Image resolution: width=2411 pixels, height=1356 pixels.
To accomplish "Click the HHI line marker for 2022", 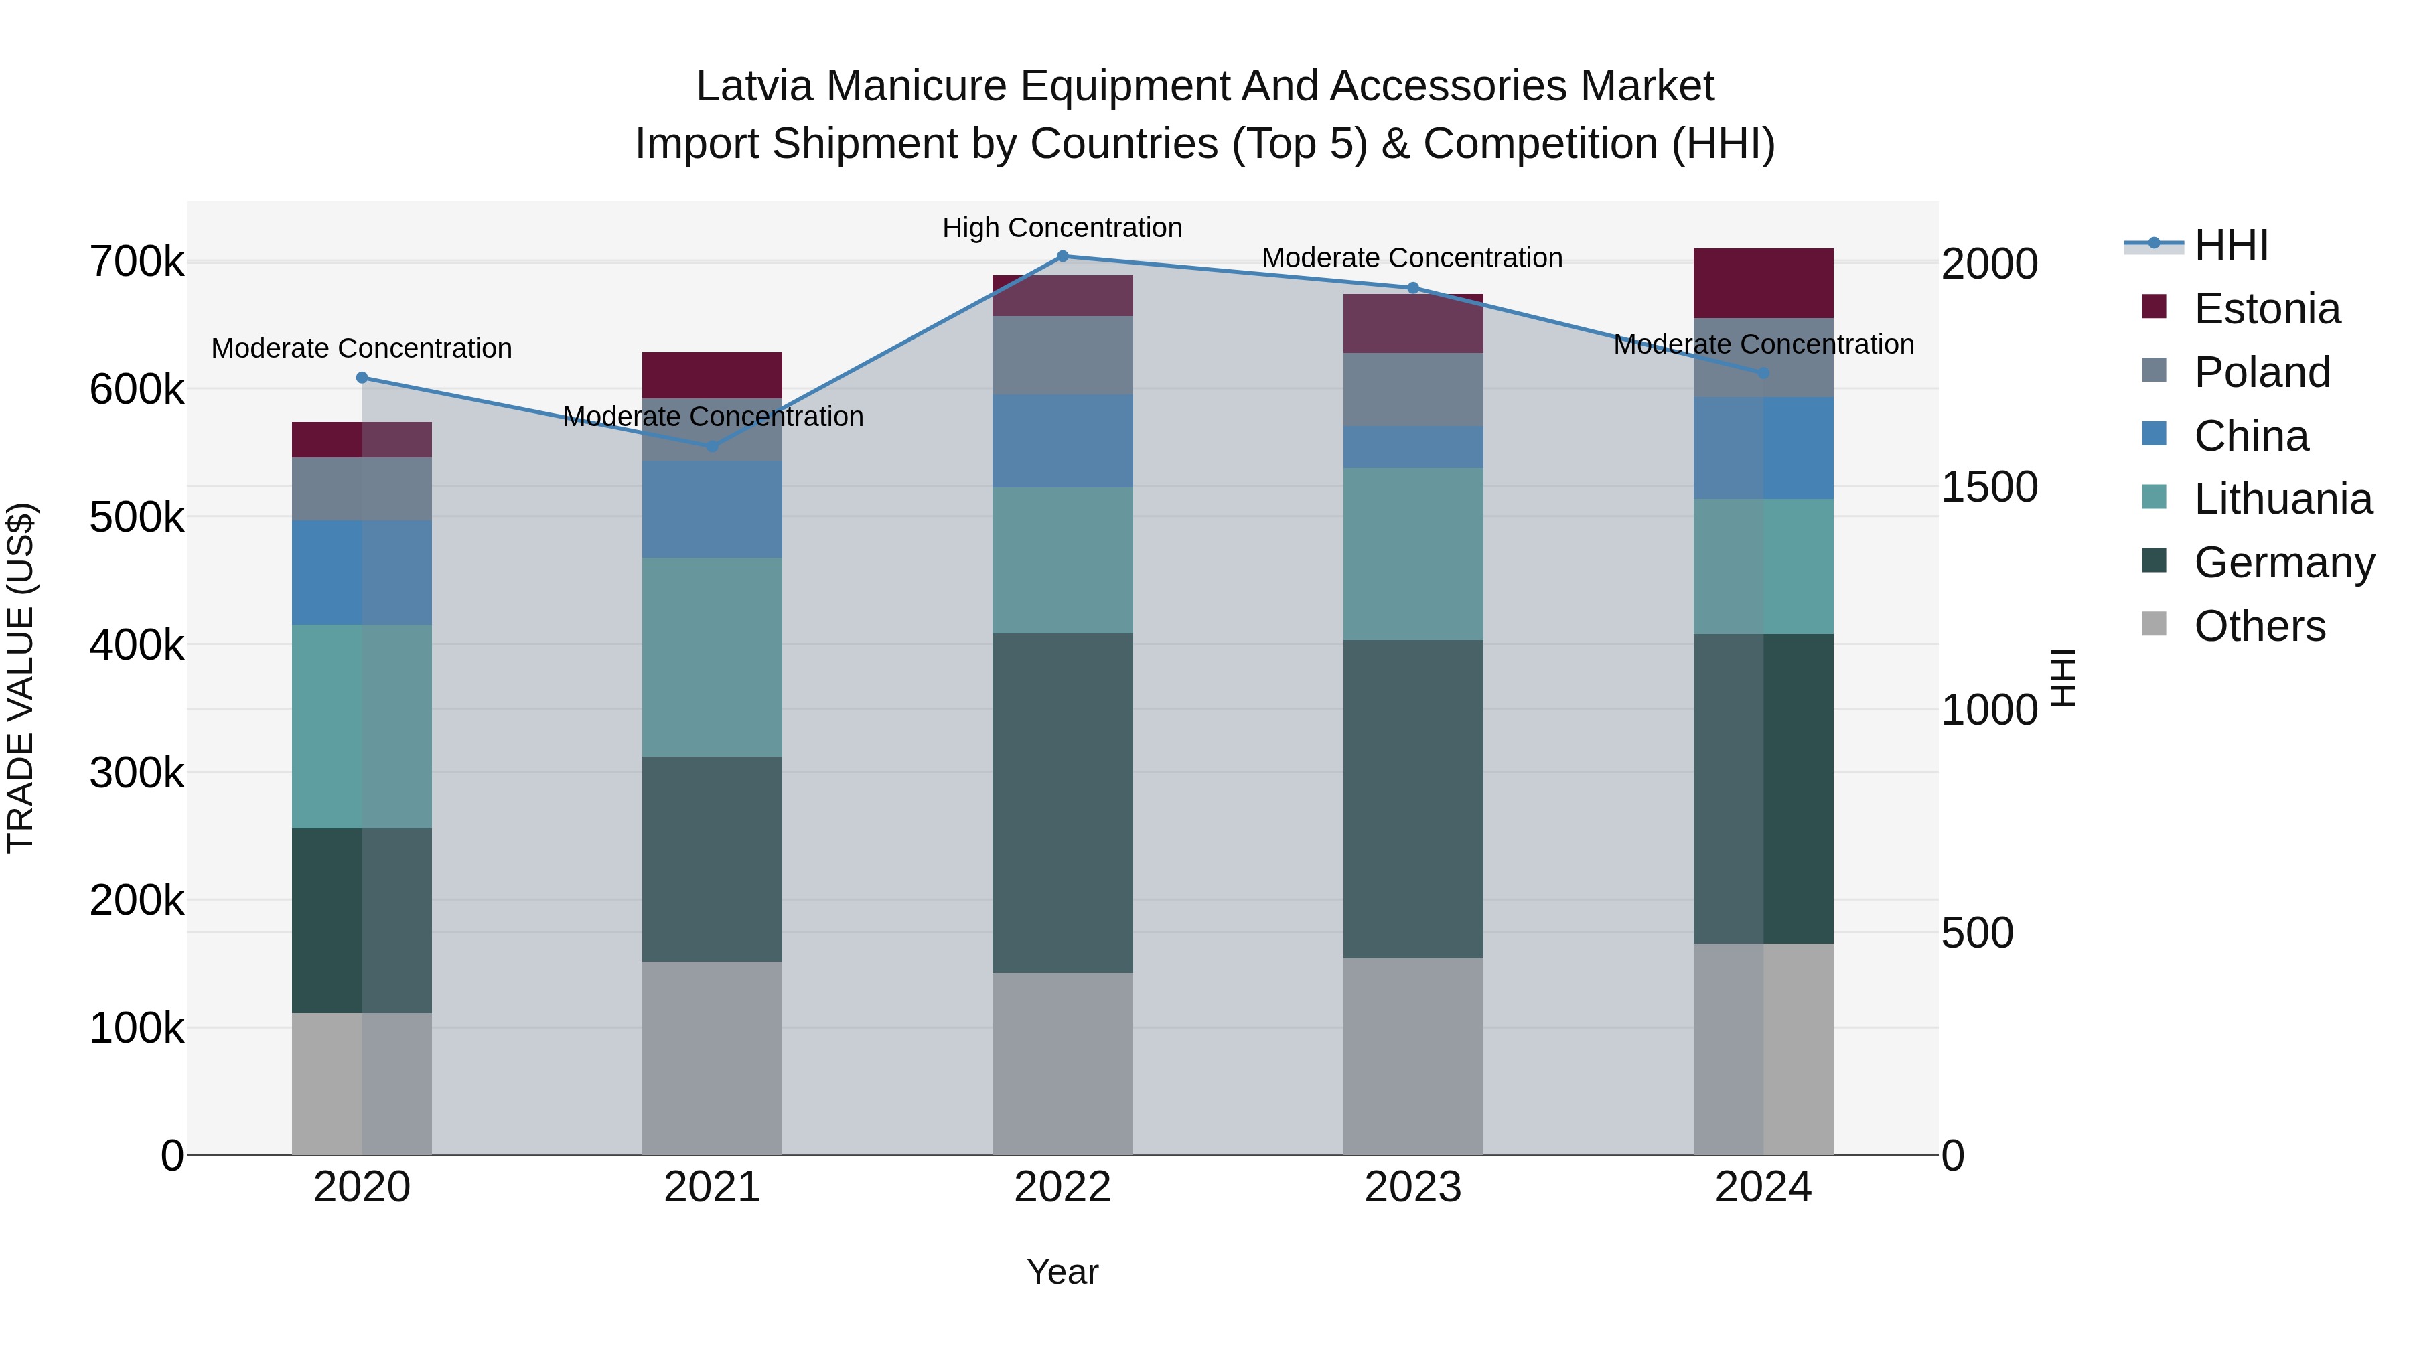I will (x=1062, y=256).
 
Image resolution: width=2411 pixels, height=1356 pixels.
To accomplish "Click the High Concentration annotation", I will (x=1062, y=228).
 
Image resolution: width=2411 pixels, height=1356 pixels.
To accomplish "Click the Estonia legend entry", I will (x=2267, y=309).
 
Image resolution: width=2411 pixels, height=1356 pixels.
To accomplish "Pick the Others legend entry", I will (x=2260, y=626).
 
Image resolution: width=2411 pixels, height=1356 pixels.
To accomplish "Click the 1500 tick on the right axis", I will (x=1990, y=487).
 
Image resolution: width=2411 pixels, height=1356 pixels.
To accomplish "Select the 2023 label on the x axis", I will (x=1412, y=1187).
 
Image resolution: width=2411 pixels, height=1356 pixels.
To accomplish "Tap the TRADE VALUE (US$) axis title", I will (x=21, y=678).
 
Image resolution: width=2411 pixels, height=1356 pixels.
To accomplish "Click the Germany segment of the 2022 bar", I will (x=1062, y=803).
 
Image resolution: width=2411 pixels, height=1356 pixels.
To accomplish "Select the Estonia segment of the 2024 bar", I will (x=1763, y=283).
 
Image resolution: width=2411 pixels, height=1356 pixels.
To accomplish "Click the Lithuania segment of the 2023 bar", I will (x=1412, y=554).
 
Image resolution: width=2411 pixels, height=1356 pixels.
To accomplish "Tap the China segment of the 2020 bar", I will (x=362, y=573).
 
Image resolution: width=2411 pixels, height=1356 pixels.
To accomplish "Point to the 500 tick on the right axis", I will (x=1978, y=933).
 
